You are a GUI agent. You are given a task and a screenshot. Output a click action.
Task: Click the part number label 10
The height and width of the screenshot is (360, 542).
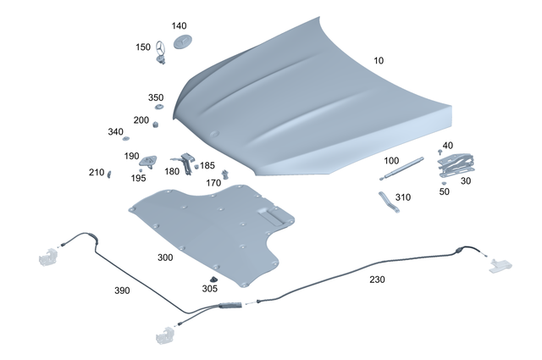click(379, 61)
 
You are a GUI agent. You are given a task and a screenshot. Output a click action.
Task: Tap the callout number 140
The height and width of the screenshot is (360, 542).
click(179, 26)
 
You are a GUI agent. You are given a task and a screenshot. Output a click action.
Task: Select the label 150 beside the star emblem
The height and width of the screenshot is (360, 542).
click(143, 47)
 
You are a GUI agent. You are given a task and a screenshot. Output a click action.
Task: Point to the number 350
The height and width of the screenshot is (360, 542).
click(156, 98)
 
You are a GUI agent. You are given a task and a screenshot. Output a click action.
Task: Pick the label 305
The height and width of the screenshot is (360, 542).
click(209, 288)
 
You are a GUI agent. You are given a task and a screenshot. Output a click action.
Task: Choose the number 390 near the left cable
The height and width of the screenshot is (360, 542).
click(123, 291)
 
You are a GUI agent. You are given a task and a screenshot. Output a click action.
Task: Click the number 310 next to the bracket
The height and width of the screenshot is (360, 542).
click(402, 197)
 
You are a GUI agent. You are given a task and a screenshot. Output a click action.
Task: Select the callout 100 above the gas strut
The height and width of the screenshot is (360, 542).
click(391, 160)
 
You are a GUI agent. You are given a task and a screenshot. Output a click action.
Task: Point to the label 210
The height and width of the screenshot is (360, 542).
click(96, 173)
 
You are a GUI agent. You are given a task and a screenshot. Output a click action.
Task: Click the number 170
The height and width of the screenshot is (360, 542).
click(213, 183)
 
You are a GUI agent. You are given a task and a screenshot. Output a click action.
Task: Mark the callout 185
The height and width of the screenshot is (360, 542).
click(207, 166)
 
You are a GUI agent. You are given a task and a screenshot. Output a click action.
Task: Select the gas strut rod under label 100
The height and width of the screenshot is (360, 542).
click(405, 167)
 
